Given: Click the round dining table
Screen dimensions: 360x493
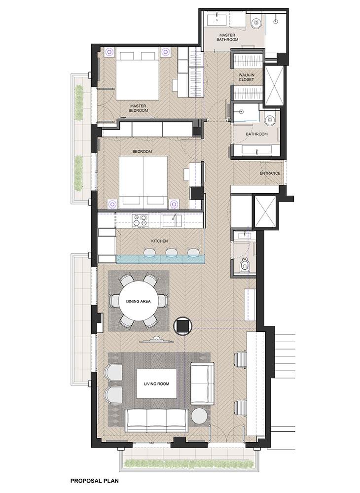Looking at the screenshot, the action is coord(139,302).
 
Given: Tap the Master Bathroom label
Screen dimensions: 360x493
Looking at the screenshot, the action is coord(227,37).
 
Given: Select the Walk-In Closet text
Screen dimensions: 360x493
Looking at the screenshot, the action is coord(246,77).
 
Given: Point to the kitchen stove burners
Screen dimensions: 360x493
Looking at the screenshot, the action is coord(140,220).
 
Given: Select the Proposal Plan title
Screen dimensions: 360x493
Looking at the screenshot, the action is coord(95,481).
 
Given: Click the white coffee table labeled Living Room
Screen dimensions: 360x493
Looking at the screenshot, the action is coord(156,384).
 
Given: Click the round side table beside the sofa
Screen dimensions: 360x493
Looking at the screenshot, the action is coord(199,417).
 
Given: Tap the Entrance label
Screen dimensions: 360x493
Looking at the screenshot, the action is coord(270,173).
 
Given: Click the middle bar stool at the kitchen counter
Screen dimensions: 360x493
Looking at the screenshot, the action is coord(171,253).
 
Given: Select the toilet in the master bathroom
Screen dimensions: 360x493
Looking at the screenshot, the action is coord(256,22).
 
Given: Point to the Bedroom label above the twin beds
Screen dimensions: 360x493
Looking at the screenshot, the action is coord(142,151).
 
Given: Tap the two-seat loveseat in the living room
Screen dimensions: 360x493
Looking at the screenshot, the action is coord(202,384).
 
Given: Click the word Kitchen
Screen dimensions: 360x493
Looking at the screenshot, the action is coord(160,241).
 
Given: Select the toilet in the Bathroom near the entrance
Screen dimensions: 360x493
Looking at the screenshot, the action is coord(270,120).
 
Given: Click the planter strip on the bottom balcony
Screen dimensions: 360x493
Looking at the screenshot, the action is coord(189,463).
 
